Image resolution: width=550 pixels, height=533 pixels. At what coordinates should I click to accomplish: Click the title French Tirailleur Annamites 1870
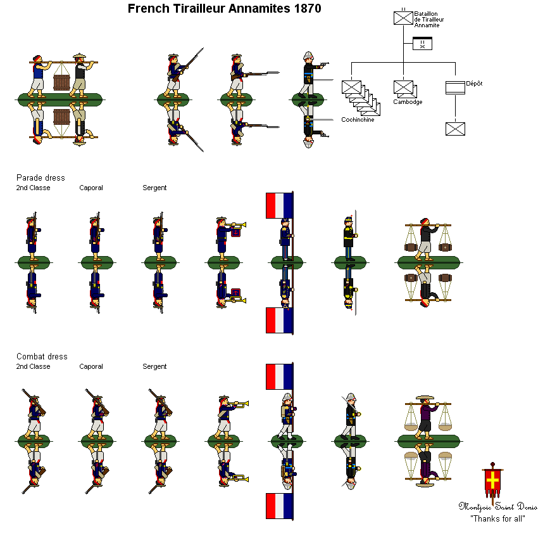224,9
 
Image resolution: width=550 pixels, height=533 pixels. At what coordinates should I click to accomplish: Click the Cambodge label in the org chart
407,101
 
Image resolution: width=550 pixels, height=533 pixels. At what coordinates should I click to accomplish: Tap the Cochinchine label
357,119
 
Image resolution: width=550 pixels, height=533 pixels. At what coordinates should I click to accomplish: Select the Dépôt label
474,83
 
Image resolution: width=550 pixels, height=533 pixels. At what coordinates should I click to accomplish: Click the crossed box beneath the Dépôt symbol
455,129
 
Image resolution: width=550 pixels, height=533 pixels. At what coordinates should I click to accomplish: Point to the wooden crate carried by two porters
61,83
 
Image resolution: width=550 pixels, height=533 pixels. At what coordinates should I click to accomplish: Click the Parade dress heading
41,178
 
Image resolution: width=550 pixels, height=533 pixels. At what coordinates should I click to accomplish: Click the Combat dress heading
42,357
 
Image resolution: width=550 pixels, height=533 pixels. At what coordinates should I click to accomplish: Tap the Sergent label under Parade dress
154,188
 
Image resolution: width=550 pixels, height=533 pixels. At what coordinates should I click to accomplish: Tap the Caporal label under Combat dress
91,367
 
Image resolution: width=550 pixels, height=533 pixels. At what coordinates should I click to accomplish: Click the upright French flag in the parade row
279,205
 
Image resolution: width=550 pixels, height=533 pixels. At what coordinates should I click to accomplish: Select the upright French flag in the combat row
279,376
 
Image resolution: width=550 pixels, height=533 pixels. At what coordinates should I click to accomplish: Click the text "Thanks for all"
497,518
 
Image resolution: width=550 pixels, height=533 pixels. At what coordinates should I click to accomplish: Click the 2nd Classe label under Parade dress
33,188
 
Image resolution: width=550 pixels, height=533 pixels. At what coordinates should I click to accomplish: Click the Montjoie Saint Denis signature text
497,506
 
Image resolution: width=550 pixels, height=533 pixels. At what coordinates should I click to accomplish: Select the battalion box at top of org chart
403,18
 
